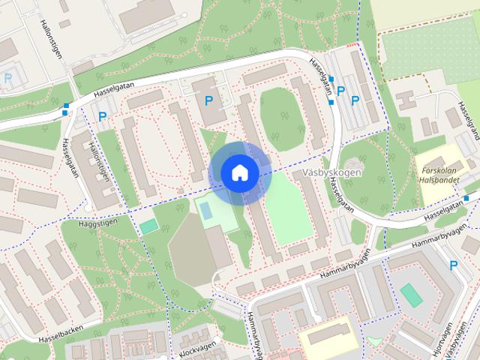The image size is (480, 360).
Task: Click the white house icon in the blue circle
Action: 239,172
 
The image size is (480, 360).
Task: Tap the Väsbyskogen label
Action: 331,172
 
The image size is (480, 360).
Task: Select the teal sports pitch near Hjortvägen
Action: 411,294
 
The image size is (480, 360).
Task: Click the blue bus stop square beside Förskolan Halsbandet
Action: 466,198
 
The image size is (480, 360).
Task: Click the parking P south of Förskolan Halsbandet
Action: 453,265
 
